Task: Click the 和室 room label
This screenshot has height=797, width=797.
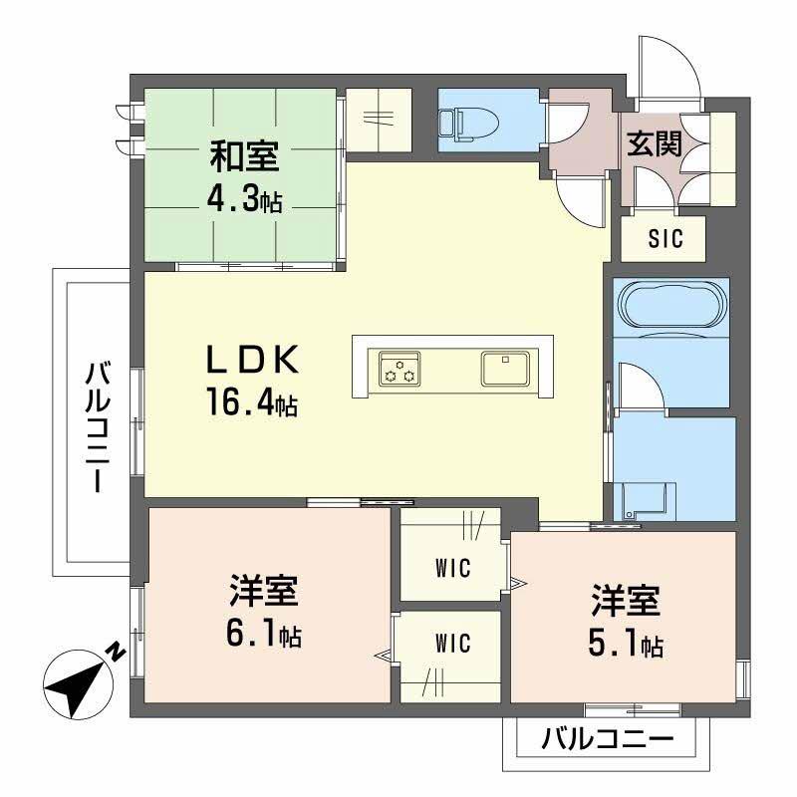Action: pyautogui.click(x=243, y=157)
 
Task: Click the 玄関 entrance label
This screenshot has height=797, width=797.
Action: pyautogui.click(x=655, y=145)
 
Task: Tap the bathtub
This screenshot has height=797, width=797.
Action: pyautogui.click(x=671, y=303)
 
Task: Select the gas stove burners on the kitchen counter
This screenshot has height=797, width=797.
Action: pyautogui.click(x=398, y=368)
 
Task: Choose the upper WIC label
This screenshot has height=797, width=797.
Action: pyautogui.click(x=452, y=569)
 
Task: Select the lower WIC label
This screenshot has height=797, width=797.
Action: pyautogui.click(x=452, y=645)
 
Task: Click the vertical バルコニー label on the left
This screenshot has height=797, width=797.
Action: pyautogui.click(x=97, y=428)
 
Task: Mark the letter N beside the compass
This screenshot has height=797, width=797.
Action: pyautogui.click(x=116, y=654)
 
